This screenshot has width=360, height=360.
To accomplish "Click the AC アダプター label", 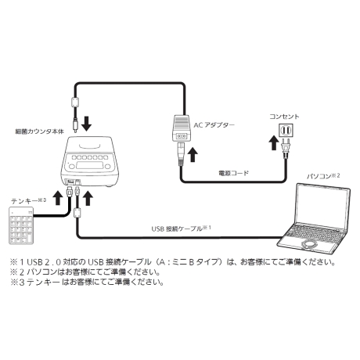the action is pyautogui.click(x=214, y=125).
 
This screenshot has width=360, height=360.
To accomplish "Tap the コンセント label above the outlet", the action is pyautogui.click(x=284, y=117).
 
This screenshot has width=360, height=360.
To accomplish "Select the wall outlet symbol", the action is pyautogui.click(x=286, y=131).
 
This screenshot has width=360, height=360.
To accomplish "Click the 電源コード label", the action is pyautogui.click(x=233, y=173).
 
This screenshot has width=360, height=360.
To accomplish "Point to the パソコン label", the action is pyautogui.click(x=323, y=176).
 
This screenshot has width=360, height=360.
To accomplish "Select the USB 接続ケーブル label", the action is pyautogui.click(x=181, y=229).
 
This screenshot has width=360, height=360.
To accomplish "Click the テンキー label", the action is pyautogui.click(x=28, y=201).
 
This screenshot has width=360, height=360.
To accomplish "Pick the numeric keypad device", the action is pyautogui.click(x=21, y=225).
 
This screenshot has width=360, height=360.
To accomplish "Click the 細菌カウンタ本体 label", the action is pyautogui.click(x=39, y=131).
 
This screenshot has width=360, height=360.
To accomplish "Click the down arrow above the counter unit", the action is pyautogui.click(x=86, y=123).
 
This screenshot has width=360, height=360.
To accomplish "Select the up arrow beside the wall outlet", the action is pyautogui.click(x=273, y=142).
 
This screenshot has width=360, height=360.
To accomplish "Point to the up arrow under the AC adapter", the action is pyautogui.click(x=193, y=154).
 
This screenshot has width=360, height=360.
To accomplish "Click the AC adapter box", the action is pyautogui.click(x=182, y=128).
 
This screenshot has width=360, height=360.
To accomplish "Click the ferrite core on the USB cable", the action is pyautogui.click(x=77, y=213).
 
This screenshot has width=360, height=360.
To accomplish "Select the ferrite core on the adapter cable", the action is pyautogui.click(x=75, y=102).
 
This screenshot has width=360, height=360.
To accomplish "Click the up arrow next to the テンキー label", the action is pyautogui.click(x=58, y=197).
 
